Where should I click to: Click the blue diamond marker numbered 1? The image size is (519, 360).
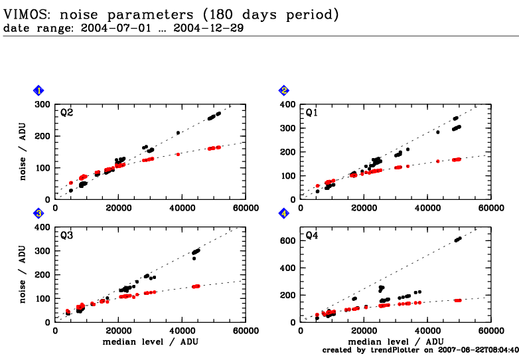pos(39,90)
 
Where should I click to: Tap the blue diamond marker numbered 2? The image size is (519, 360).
pos(283,90)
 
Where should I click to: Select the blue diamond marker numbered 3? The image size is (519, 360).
pos(39,213)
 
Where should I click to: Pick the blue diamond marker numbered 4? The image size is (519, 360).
pos(283,213)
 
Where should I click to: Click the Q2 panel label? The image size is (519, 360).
pos(66,113)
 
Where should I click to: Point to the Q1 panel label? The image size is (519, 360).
pos(311,113)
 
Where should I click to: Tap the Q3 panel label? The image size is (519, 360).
pos(66,236)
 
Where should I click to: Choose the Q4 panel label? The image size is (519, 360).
pos(311,236)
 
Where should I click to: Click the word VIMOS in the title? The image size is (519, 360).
pos(26,14)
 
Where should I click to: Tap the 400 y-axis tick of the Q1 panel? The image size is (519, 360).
pos(286,104)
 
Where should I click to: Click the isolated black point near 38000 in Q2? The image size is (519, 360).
pos(178,133)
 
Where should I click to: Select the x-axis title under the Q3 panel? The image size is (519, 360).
pos(151,341)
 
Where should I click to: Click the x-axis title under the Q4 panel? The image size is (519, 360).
pos(395,341)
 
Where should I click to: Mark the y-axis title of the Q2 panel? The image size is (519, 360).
pos(23,151)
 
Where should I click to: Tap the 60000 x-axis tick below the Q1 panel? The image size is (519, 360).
pos(490,208)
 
